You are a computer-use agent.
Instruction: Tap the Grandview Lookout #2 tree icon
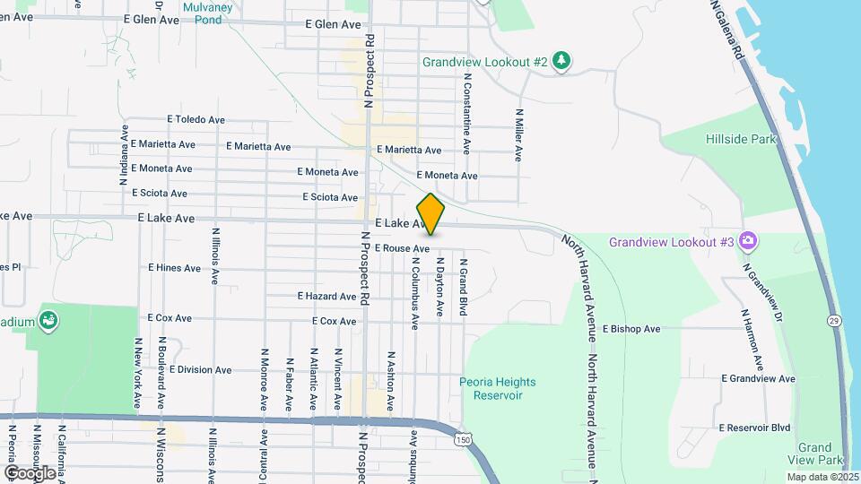pos(561,61)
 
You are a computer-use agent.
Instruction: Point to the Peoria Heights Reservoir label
pos(497,388)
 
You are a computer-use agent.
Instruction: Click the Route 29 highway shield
pos(834,319)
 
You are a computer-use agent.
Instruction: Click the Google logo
pos(30,472)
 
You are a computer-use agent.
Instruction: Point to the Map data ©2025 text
pos(822,477)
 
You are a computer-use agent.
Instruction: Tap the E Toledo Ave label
pos(196,119)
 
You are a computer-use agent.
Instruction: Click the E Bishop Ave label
pos(631,329)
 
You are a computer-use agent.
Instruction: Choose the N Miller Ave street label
pos(518,134)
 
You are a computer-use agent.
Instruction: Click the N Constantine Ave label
pos(467,114)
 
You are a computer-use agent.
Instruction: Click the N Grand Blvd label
pos(464,287)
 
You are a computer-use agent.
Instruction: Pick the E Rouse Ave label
pos(403,248)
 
